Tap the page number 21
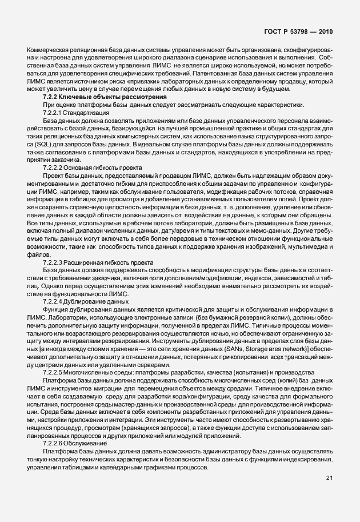[x=329, y=477]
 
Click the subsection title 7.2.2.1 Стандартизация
[x=76, y=114]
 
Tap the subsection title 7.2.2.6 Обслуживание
[x=76, y=427]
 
